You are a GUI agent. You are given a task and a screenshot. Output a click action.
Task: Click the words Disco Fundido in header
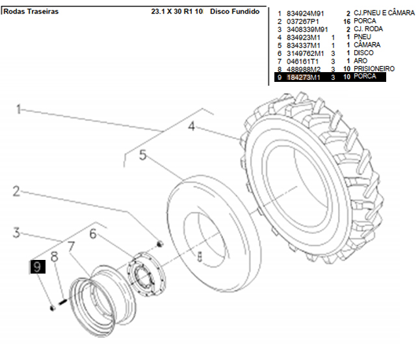[x=235, y=12]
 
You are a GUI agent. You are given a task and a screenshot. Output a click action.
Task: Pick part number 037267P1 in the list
[x=301, y=21]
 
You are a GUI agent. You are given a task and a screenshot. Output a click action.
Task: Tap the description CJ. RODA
[x=369, y=29]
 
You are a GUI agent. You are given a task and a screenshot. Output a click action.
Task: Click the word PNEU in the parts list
[x=363, y=37]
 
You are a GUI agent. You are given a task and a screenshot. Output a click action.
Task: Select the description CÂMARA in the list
[x=367, y=45]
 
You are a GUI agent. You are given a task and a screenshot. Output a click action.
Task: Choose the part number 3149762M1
[x=303, y=53]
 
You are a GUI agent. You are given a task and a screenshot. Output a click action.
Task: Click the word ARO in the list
[x=361, y=60]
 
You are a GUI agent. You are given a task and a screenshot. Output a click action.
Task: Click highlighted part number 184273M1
[x=303, y=77]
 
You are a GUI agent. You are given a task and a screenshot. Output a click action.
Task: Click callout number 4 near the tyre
[x=191, y=127]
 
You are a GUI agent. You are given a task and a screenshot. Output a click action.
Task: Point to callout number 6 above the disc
[x=93, y=233]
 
